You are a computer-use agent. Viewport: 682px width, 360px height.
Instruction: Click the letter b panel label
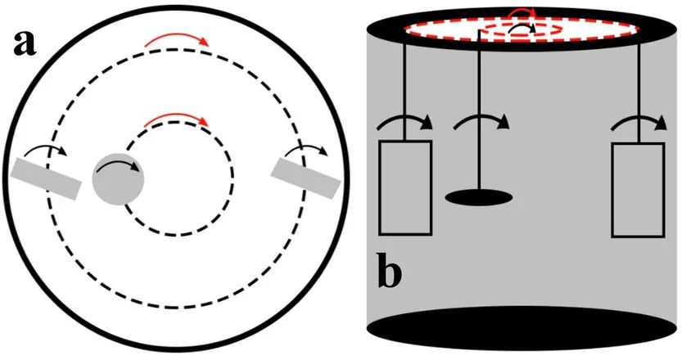[x=389, y=272]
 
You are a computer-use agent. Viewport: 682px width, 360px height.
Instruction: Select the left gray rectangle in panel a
[x=47, y=178]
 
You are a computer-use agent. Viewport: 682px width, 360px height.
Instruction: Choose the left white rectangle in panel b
[x=404, y=187]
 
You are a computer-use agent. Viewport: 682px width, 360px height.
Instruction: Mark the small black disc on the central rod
[x=479, y=196]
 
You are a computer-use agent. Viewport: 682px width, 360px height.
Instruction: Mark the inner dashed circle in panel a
[x=178, y=227]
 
